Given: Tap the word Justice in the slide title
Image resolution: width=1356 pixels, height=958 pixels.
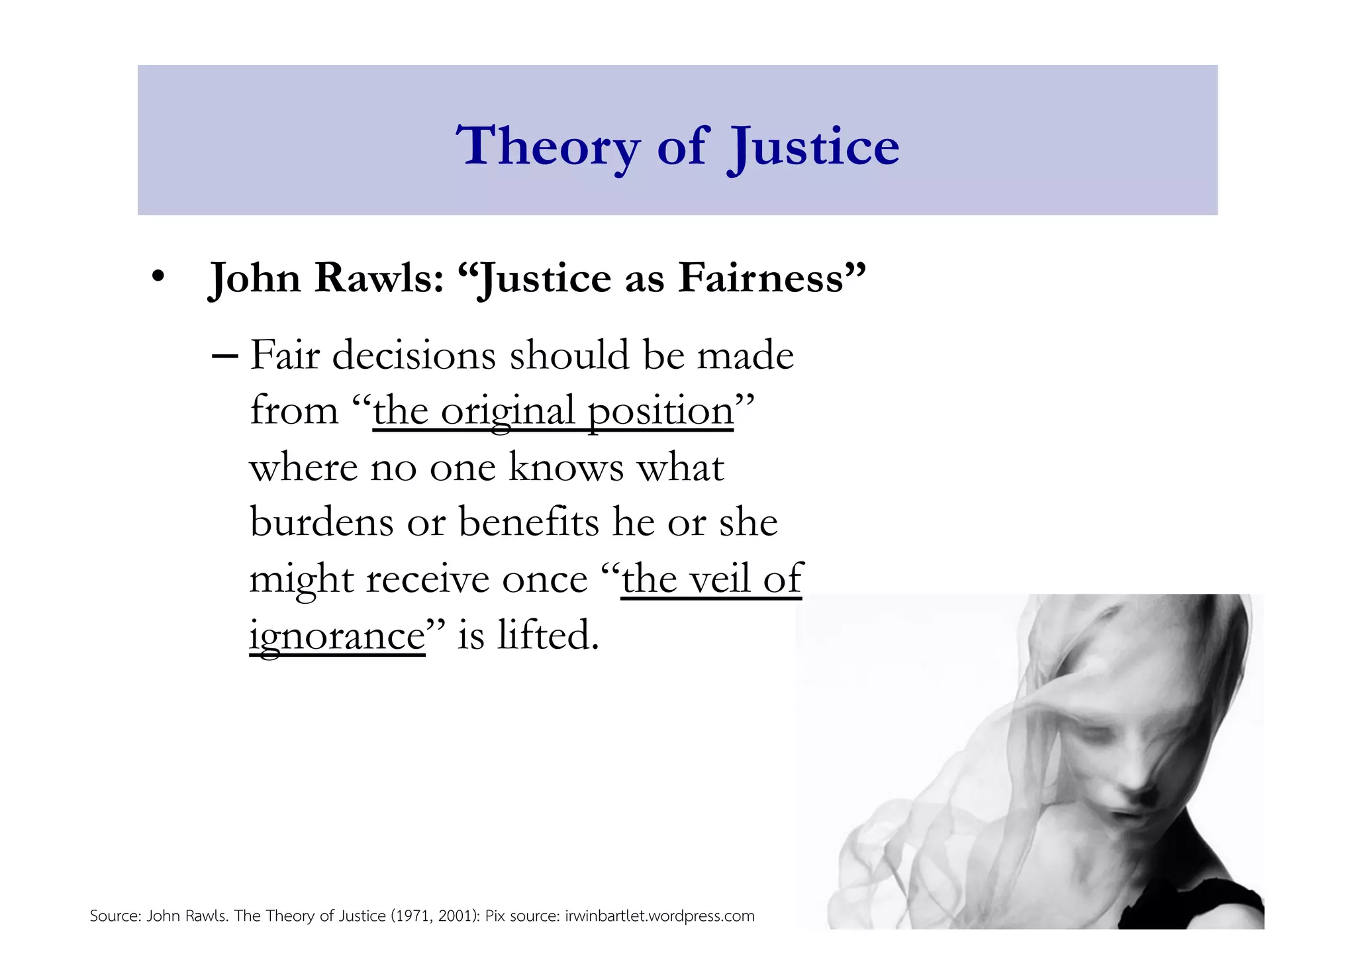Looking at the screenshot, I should point(814,146).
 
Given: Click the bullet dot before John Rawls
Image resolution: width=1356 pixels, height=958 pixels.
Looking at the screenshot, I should point(158,277).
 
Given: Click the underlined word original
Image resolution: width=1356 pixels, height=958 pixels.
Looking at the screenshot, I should point(507,411).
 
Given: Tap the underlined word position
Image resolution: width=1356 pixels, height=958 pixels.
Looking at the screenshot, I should point(660,411).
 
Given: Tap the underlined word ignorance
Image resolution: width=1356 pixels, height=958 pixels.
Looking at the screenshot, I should point(337,636).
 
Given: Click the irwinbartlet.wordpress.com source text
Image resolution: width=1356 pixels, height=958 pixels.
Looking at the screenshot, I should point(659,916).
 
